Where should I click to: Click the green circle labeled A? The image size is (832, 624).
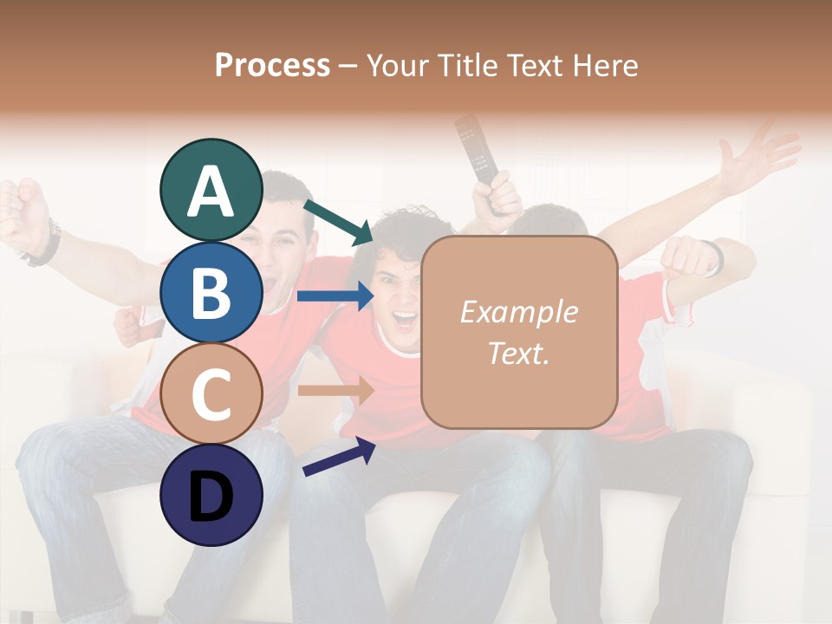(211, 191)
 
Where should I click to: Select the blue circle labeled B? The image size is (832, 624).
(211, 293)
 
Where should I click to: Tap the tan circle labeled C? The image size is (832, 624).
(211, 394)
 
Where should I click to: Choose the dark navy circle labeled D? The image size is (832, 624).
(211, 496)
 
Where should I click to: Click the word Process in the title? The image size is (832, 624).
(272, 65)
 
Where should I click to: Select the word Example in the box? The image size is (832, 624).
(518, 312)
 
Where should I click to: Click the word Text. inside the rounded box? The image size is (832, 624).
(518, 354)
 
